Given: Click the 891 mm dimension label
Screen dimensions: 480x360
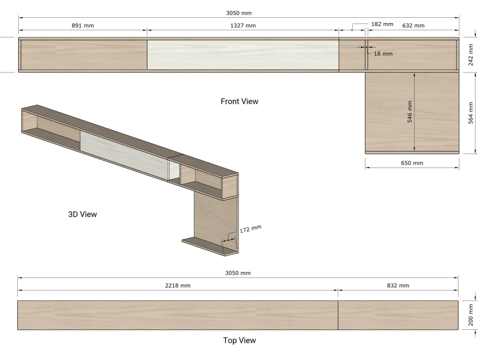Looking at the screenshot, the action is point(83,26).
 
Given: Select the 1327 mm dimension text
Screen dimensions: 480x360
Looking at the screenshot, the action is point(243,26).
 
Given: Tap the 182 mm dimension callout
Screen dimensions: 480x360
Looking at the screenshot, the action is point(382,24).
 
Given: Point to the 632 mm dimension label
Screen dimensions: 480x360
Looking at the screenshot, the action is point(413,26).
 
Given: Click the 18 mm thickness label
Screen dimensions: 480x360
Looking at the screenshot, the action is point(383,54).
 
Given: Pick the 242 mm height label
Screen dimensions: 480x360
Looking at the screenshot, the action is point(471,55).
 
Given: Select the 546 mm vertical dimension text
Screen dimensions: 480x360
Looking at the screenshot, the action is point(409,112).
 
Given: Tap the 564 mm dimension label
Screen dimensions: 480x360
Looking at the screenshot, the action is point(471,113).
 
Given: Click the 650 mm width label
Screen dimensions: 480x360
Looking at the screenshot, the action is point(412,163).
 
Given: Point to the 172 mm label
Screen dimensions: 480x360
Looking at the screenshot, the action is point(251,229).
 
